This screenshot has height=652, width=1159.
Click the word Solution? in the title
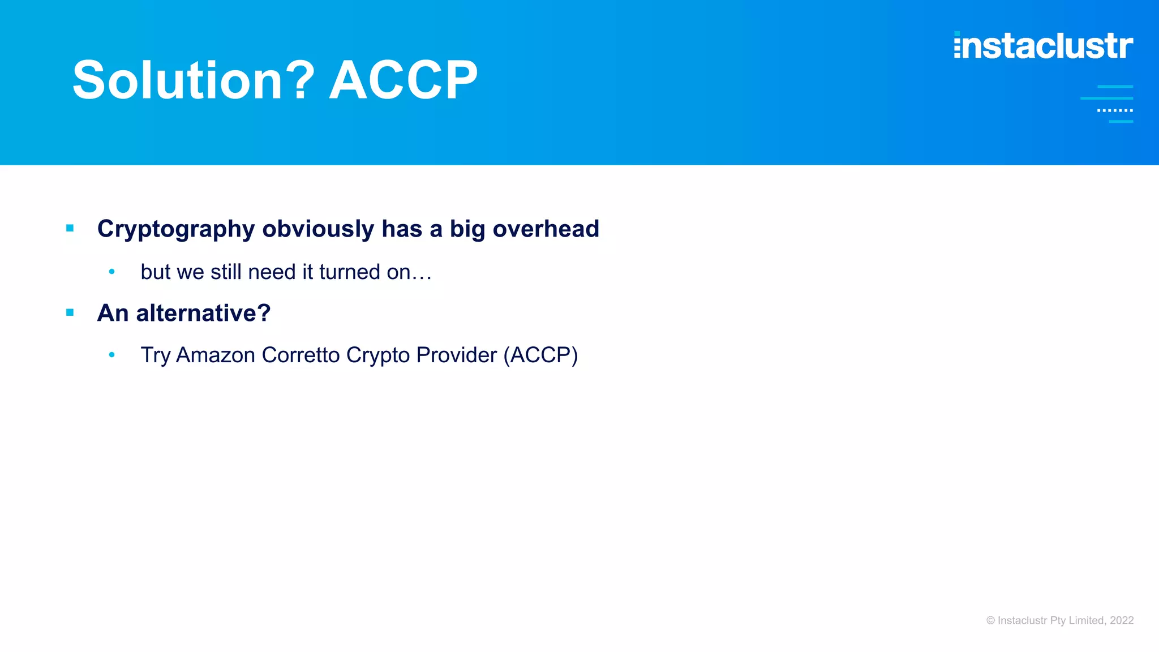click(x=193, y=80)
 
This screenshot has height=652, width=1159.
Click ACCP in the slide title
click(x=403, y=80)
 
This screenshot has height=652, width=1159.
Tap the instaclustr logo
click(x=1043, y=45)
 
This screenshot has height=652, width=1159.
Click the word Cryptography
click(x=176, y=229)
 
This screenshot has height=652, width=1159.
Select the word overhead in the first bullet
click(x=546, y=229)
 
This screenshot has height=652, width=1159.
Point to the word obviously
click(x=318, y=229)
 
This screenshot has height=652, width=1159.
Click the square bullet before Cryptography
click(x=70, y=229)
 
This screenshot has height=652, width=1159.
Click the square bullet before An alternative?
click(x=70, y=312)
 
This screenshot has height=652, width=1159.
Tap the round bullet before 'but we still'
click(x=112, y=272)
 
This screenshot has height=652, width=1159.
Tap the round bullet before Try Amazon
click(x=112, y=355)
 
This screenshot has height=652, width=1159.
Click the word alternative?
click(x=203, y=313)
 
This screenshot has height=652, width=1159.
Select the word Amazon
click(x=216, y=355)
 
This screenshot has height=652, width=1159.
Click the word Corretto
click(x=301, y=355)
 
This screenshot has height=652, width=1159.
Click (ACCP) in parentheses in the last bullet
click(x=540, y=355)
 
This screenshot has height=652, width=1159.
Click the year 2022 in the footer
click(x=1122, y=620)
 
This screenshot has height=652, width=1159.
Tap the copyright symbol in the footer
click(x=990, y=620)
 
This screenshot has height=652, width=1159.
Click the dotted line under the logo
click(x=1115, y=110)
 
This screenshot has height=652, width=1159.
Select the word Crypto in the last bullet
click(x=378, y=355)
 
